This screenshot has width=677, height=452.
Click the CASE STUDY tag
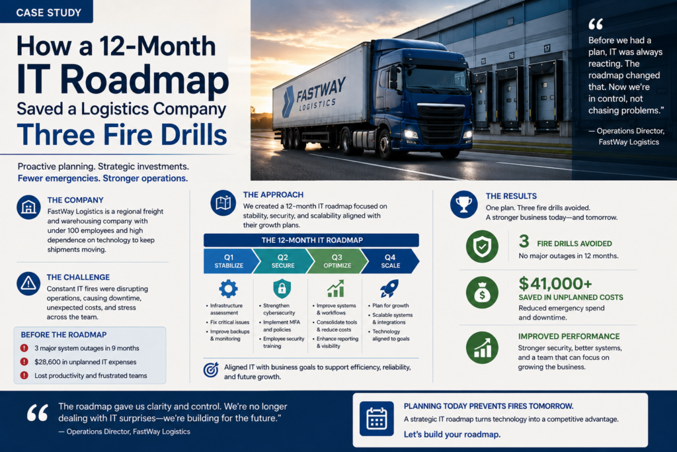tap(46, 12)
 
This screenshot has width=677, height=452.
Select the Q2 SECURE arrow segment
tap(283, 261)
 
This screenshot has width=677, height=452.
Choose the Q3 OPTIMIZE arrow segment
tap(337, 261)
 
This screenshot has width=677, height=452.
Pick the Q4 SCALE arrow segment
tap(390, 261)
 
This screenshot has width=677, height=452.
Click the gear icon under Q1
tap(228, 289)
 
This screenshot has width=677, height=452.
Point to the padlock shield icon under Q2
tap(282, 289)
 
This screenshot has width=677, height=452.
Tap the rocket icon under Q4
tap(389, 289)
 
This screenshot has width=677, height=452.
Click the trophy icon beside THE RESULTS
tap(463, 204)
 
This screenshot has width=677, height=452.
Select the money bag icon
tap(482, 293)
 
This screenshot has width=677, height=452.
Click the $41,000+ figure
tap(555, 283)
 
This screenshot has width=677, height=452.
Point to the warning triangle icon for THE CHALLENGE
tap(28, 283)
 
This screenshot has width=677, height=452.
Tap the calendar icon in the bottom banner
tap(376, 419)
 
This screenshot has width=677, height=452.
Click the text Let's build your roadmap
tap(452, 434)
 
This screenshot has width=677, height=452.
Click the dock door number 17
tap(547, 48)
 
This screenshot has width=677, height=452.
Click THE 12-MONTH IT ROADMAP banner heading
tap(311, 240)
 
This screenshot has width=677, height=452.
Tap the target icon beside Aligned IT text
tap(211, 370)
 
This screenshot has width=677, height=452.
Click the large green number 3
tap(524, 241)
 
